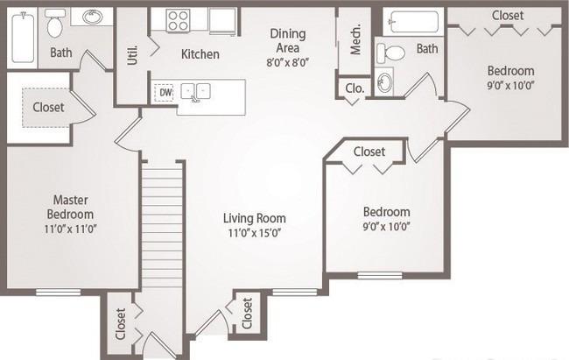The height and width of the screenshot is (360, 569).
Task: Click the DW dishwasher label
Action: pyautogui.click(x=165, y=92)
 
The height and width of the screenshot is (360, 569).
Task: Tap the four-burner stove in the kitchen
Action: pyautogui.click(x=178, y=20)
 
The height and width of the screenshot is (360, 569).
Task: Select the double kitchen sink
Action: pyautogui.click(x=195, y=91)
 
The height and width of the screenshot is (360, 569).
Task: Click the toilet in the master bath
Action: pyautogui.click(x=55, y=24)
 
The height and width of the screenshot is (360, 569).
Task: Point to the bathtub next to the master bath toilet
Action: pyautogui.click(x=23, y=37)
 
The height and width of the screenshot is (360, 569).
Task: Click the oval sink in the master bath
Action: pyautogui.click(x=92, y=17)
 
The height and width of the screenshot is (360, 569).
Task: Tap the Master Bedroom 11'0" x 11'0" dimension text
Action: pyautogui.click(x=70, y=229)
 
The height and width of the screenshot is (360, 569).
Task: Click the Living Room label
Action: pyautogui.click(x=255, y=218)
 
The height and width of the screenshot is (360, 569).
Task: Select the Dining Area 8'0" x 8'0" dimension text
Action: pyautogui.click(x=287, y=62)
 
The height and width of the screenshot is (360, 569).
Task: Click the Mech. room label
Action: pyautogui.click(x=356, y=39)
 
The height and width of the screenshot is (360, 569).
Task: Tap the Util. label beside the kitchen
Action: pyautogui.click(x=133, y=55)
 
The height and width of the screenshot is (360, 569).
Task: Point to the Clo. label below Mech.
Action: pyautogui.click(x=355, y=88)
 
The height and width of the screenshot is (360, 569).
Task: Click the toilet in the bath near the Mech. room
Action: pyautogui.click(x=390, y=53)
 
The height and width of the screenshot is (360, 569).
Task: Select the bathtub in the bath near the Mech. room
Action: pyautogui.click(x=414, y=22)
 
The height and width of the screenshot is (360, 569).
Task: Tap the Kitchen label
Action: pyautogui.click(x=200, y=54)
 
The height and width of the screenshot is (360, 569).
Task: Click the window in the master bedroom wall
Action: pyautogui.click(x=58, y=292)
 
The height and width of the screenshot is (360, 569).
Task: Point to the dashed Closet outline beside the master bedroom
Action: pyautogui.click(x=46, y=108)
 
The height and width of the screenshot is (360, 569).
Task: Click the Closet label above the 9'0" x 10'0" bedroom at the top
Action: pyautogui.click(x=508, y=16)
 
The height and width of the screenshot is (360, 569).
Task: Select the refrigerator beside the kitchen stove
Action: pyautogui.click(x=223, y=21)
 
